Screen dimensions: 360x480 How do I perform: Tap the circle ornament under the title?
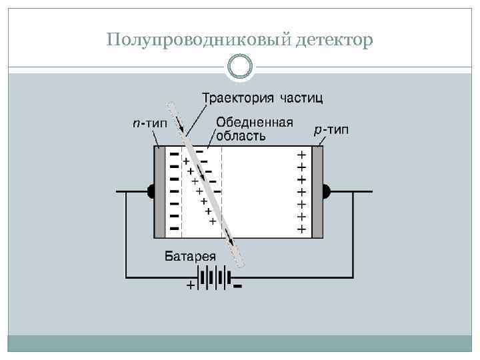tap(240, 67)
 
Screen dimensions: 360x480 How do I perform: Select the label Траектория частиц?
tap(263, 99)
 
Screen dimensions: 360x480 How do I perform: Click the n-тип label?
tap(149, 123)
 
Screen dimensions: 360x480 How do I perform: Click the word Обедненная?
tap(255, 123)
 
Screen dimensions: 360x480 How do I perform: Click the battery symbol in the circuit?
tap(214, 277)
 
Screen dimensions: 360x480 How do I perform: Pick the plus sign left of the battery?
tap(191, 286)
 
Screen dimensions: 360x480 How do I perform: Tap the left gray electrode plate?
tap(160, 192)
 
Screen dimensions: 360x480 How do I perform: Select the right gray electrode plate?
tap(317, 192)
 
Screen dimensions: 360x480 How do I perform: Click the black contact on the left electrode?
tap(151, 192)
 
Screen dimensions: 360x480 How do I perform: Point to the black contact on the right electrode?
tap(327, 192)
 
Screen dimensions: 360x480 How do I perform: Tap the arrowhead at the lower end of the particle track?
tap(231, 242)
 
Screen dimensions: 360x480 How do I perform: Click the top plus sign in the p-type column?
tap(301, 154)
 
